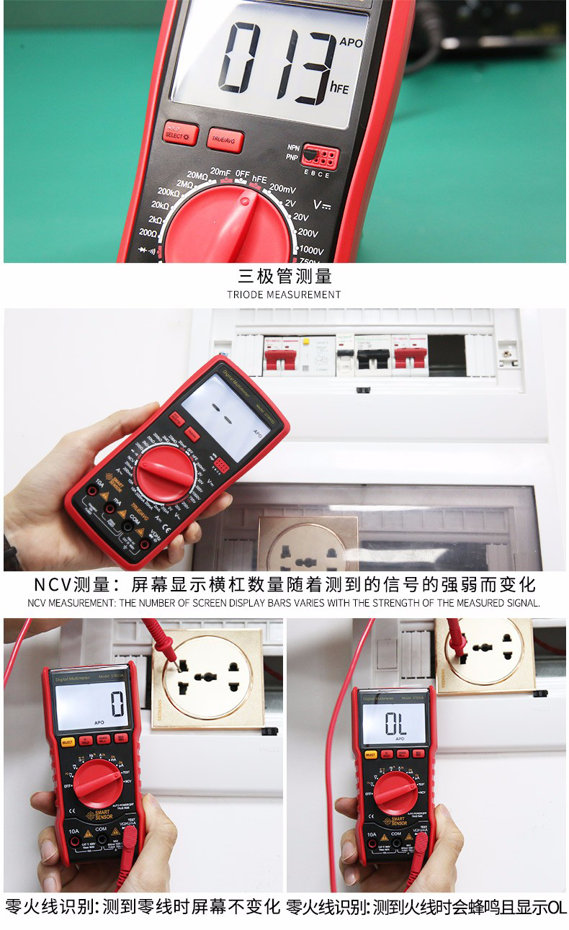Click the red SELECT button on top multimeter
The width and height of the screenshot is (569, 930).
(180, 133)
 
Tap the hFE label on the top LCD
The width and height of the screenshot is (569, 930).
(339, 89)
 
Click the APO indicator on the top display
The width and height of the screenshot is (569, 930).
(351, 43)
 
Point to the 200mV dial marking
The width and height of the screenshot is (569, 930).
(282, 189)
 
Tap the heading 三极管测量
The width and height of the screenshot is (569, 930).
(284, 276)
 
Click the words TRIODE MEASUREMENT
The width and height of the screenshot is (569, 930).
(284, 295)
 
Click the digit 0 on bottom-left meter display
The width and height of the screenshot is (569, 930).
(117, 702)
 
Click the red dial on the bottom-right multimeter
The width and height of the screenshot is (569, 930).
(395, 792)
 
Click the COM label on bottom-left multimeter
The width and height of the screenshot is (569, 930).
(100, 830)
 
